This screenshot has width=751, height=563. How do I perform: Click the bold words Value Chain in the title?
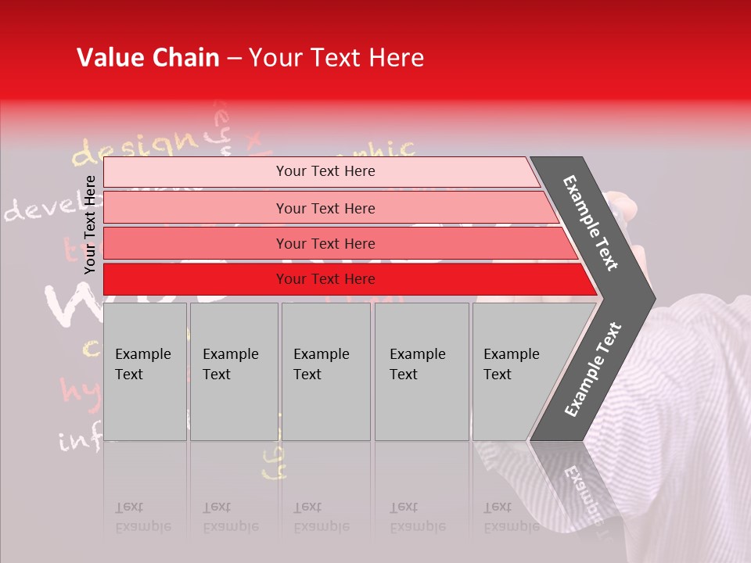click(148, 58)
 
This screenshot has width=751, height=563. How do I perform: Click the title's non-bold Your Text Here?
click(336, 58)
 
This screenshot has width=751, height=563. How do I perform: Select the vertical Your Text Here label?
click(90, 224)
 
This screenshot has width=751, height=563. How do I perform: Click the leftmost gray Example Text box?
click(145, 371)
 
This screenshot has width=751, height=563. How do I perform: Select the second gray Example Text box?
click(233, 371)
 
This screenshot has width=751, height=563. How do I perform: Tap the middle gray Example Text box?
click(325, 371)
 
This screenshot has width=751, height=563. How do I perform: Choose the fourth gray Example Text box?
click(421, 371)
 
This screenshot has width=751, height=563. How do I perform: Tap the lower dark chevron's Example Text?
click(593, 370)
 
